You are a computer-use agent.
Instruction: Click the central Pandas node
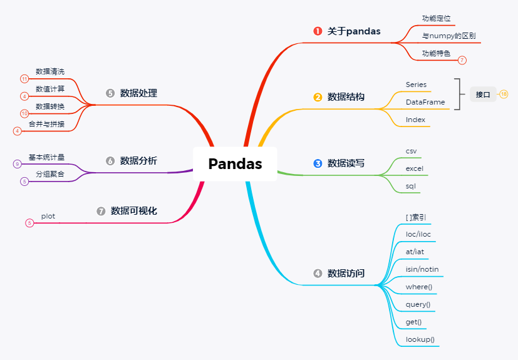pyautogui.click(x=235, y=164)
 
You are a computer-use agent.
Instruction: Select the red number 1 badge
pyautogui.click(x=318, y=31)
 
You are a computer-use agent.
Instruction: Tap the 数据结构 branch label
pyautogui.click(x=346, y=97)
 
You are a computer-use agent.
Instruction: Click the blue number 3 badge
pyautogui.click(x=318, y=163)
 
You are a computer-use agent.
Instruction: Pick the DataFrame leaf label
pyautogui.click(x=425, y=102)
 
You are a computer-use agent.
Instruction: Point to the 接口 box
pyautogui.click(x=483, y=95)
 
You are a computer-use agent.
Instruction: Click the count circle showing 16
pyautogui.click(x=504, y=95)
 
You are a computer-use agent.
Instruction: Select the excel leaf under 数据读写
pyautogui.click(x=415, y=169)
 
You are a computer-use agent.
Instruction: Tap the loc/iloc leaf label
pyautogui.click(x=418, y=234)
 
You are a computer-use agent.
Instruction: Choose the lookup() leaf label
pyautogui.click(x=420, y=339)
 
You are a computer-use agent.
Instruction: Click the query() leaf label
pyautogui.click(x=418, y=304)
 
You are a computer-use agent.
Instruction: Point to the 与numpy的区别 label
pyautogui.click(x=448, y=36)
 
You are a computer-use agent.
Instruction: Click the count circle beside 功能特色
pyautogui.click(x=462, y=60)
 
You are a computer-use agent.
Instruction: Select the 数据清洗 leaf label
pyautogui.click(x=50, y=71)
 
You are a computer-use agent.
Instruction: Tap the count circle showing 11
pyautogui.click(x=24, y=79)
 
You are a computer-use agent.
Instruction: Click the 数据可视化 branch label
pyautogui.click(x=134, y=211)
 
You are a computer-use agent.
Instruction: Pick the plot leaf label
pyautogui.click(x=48, y=216)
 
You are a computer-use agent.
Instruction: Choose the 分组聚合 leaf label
pyautogui.click(x=50, y=174)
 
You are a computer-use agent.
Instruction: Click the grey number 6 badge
pyautogui.click(x=110, y=161)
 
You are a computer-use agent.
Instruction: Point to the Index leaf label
pyautogui.click(x=415, y=120)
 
